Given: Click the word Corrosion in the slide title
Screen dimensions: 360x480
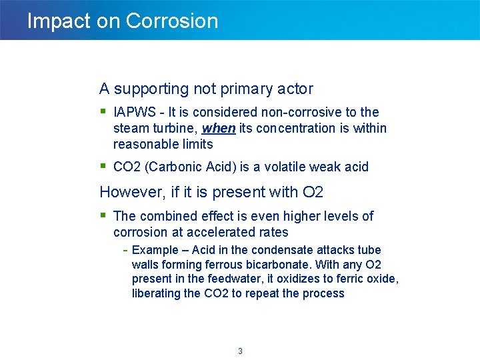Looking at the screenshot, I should (171, 21).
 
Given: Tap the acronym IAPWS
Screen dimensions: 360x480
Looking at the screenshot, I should (136, 112).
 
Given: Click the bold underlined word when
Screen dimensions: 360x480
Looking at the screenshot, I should (218, 128).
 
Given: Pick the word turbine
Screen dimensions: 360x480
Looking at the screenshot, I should (175, 128).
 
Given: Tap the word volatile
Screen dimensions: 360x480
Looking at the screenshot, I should (289, 167).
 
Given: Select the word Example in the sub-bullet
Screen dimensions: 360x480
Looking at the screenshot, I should (155, 250).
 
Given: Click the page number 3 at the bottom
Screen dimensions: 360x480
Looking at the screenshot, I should (240, 351).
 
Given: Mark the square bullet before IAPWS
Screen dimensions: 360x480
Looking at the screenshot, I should (103, 111).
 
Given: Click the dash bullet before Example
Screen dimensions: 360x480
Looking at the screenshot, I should (125, 250).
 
